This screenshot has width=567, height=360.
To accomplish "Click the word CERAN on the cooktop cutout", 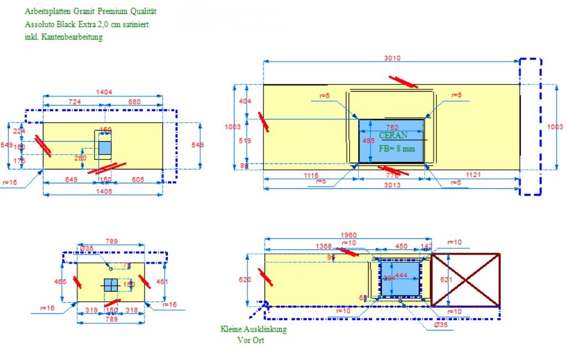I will click(x=393, y=136).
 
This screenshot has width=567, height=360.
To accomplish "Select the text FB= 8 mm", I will click(x=397, y=148).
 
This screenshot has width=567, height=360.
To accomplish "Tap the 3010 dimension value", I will click(x=392, y=58).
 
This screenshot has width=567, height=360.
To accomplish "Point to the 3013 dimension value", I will click(x=392, y=186).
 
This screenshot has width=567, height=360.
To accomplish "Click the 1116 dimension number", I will click(x=311, y=175).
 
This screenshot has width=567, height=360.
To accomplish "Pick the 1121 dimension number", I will click(x=474, y=175).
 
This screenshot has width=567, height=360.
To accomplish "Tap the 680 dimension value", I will click(x=135, y=102).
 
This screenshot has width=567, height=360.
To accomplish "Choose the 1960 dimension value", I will click(x=349, y=235).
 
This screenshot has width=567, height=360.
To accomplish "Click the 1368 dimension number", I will click(x=324, y=246).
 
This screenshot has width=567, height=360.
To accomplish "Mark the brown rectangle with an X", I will click(x=466, y=279).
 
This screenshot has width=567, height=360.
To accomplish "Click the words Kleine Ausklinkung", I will click(x=253, y=329).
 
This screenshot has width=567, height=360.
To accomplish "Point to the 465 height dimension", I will click(x=60, y=282).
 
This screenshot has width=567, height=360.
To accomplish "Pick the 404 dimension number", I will click(x=245, y=102).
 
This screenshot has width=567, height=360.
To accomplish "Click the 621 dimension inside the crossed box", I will click(x=438, y=279).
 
